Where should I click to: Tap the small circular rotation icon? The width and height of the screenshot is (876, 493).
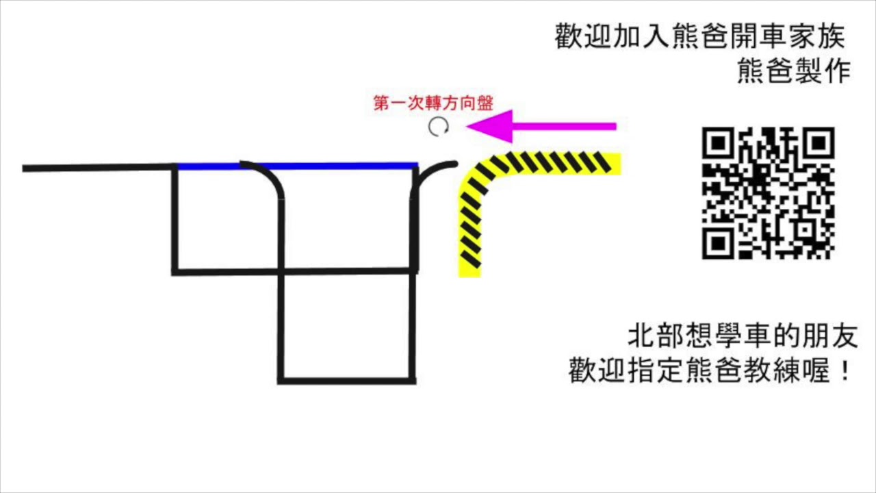pyautogui.click(x=438, y=127)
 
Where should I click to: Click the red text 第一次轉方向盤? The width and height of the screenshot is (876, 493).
pyautogui.click(x=433, y=103)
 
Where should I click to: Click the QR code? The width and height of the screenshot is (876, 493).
pyautogui.click(x=768, y=193)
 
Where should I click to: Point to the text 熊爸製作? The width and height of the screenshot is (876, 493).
pyautogui.click(x=793, y=71)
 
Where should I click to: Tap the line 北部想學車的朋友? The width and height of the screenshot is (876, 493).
pyautogui.click(x=742, y=336)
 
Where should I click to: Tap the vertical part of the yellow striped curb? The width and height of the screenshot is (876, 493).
pyautogui.click(x=469, y=233)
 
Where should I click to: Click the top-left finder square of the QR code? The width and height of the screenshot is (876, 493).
pyautogui.click(x=718, y=143)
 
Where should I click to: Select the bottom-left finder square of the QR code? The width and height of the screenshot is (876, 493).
pyautogui.click(x=718, y=243)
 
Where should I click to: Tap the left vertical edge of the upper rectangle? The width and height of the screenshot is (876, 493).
pyautogui.click(x=175, y=219)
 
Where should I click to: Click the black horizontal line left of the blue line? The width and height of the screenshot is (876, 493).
pyautogui.click(x=96, y=168)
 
